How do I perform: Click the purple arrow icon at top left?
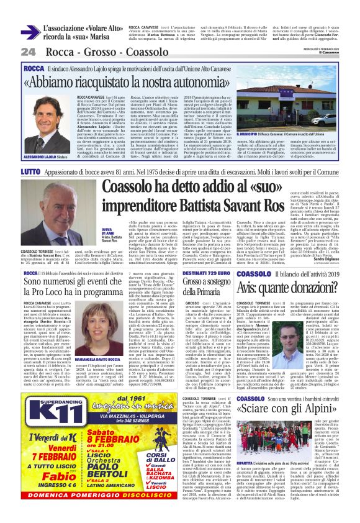pyautogui.click(x=29, y=32)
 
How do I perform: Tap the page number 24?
pyautogui.click(x=28, y=51)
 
